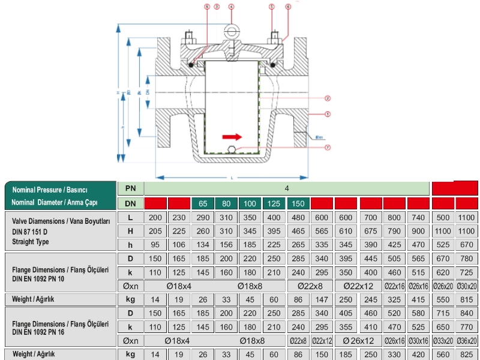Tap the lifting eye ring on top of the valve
click(x=232, y=31)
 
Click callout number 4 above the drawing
click(x=231, y=7)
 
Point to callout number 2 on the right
click(x=328, y=98)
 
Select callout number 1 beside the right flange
click(x=328, y=113)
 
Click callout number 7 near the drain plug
click(x=328, y=147)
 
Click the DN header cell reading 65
click(x=203, y=203)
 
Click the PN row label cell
click(x=130, y=188)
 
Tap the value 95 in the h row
click(x=155, y=244)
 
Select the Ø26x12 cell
click(x=358, y=340)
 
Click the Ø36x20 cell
click(x=467, y=340)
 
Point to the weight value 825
click(x=467, y=354)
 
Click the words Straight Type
click(x=30, y=242)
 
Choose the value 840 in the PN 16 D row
click(x=467, y=314)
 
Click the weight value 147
click(x=323, y=299)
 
